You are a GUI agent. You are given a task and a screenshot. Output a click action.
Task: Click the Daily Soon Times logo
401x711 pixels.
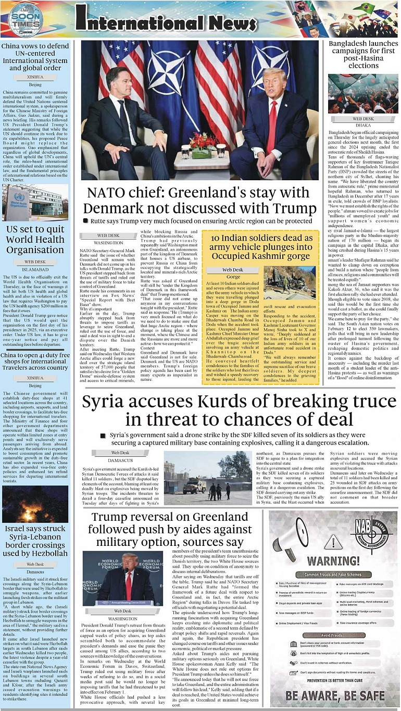[x=26, y=20]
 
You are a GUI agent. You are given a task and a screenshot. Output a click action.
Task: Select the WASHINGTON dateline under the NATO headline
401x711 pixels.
[x=109, y=243]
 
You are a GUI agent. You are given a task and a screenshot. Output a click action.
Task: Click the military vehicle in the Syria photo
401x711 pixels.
[x=194, y=487]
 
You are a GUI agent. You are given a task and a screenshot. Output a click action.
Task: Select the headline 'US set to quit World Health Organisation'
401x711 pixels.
[x=35, y=240]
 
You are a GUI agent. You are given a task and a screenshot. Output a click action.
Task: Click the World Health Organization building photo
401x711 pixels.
[x=35, y=203]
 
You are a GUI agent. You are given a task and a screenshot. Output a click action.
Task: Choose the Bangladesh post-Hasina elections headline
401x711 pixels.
[x=363, y=55]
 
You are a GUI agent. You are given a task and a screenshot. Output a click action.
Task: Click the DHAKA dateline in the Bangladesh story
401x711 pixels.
[x=363, y=126]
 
